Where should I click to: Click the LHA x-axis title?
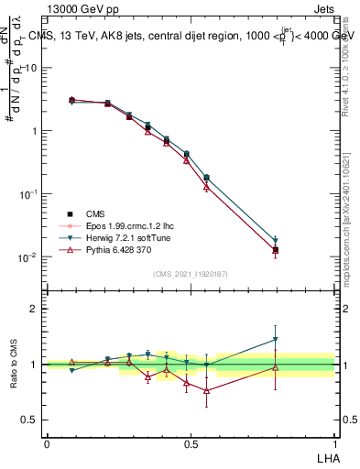[328, 456]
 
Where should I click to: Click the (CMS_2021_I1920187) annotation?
[191, 273]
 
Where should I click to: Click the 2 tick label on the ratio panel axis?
[33, 309]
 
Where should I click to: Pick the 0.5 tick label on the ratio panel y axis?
[29, 420]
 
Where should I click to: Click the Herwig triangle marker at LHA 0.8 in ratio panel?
[276, 340]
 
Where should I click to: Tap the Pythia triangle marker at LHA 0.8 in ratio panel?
[276, 367]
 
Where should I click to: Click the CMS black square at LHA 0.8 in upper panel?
[276, 249]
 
